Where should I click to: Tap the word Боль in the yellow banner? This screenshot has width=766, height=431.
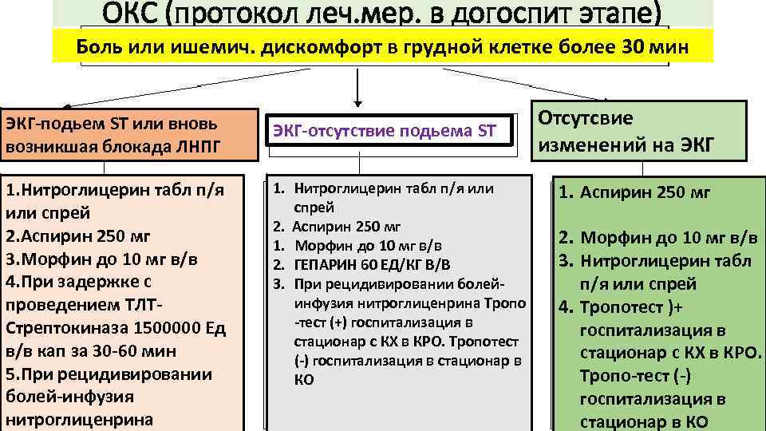click(x=100, y=46)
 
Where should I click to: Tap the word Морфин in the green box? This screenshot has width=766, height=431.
click(x=614, y=237)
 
